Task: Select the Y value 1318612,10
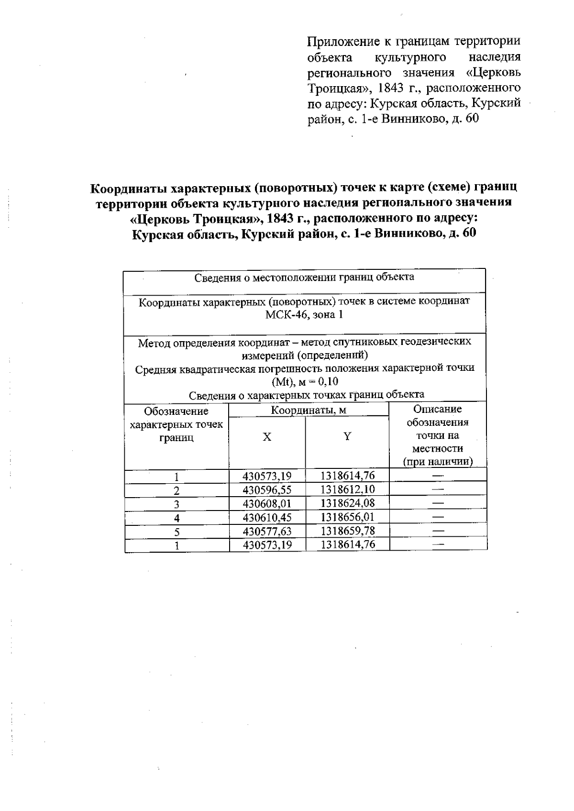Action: click(x=347, y=489)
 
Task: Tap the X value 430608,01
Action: click(x=267, y=503)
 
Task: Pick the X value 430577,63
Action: click(x=267, y=531)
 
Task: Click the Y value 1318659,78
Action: click(x=347, y=531)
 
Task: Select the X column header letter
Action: click(x=267, y=437)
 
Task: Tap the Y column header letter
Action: click(x=347, y=436)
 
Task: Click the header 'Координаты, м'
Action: click(x=309, y=410)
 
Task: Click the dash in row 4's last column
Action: click(x=438, y=517)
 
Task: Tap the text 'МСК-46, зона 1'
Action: click(x=304, y=315)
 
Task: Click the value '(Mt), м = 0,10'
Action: click(x=305, y=382)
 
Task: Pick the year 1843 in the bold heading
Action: click(x=281, y=218)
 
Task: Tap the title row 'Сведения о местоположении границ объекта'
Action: click(x=304, y=277)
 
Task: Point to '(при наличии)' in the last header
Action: click(x=437, y=462)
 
